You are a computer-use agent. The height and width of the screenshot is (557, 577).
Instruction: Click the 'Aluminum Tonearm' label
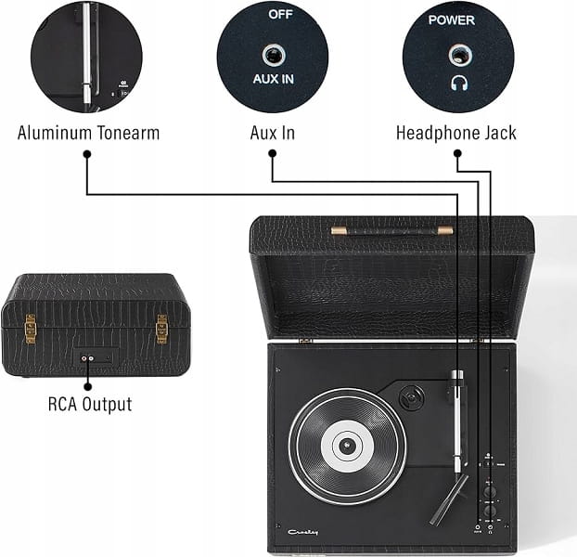[88, 133]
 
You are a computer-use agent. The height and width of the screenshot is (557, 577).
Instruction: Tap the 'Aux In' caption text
[273, 133]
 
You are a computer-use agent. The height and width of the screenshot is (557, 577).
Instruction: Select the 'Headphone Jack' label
[456, 133]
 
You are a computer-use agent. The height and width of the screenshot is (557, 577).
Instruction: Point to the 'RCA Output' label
[89, 404]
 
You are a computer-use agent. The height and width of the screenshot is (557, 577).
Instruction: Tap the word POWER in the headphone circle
[457, 19]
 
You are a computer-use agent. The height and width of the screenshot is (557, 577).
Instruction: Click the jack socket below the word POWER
[458, 55]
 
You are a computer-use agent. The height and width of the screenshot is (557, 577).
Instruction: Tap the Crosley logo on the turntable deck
[301, 532]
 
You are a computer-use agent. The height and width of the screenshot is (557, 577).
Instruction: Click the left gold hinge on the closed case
[31, 327]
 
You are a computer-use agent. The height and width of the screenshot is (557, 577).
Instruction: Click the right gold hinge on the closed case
[161, 327]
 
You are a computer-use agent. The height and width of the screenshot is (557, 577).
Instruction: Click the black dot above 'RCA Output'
[89, 382]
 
